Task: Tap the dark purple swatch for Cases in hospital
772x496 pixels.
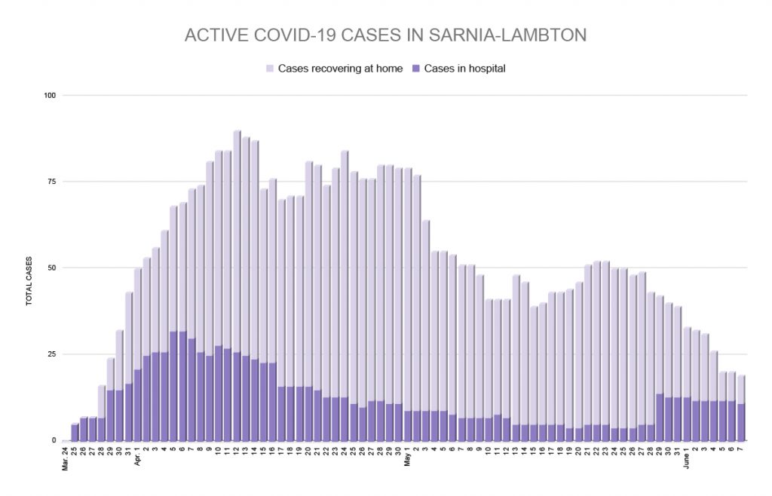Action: pos(417,69)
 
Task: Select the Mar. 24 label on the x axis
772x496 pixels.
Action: pos(66,456)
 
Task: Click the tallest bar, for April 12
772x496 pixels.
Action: pos(237,286)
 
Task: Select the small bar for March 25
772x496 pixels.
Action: pos(75,433)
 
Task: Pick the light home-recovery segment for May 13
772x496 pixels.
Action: pos(516,351)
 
